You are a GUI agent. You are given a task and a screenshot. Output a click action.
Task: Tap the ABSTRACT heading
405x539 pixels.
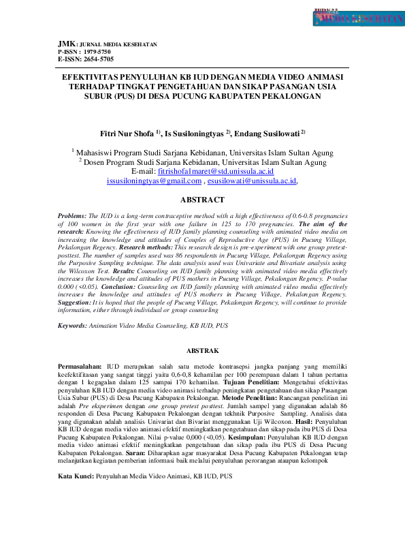(201, 200)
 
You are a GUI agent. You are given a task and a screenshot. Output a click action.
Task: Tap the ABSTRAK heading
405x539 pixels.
(201, 351)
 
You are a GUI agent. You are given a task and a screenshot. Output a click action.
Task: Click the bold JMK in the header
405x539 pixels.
(66, 44)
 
